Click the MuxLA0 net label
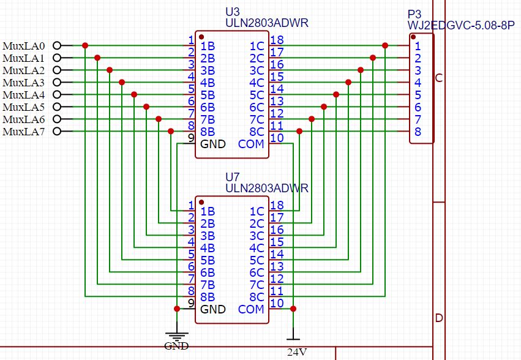[24, 46]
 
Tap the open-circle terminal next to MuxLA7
[57, 131]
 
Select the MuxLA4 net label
[24, 95]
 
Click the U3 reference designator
[232, 12]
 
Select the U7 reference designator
[232, 177]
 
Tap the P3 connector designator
[414, 14]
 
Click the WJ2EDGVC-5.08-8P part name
[461, 25]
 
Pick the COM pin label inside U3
[251, 144]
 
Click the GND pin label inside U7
[213, 309]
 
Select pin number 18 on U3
[277, 40]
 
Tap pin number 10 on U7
[277, 303]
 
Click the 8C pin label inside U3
[257, 132]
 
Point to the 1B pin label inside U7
[208, 211]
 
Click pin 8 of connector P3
[418, 132]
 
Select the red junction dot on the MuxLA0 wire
[85, 45]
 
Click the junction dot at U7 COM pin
[293, 309]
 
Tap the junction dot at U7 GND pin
[177, 309]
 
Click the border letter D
[439, 318]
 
